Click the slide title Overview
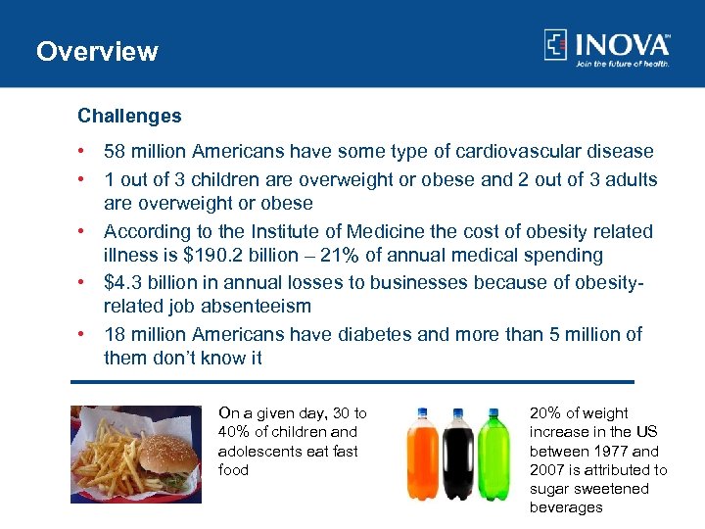coord(97,51)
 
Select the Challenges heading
coord(129,116)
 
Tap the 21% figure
coord(326,256)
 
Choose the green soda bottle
coord(493,456)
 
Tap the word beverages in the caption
coord(566,507)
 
